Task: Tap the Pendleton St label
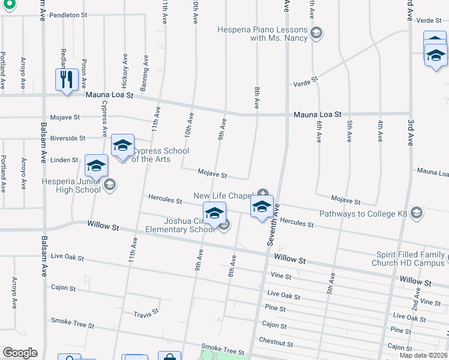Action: pyautogui.click(x=68, y=14)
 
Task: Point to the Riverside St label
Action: pyautogui.click(x=68, y=138)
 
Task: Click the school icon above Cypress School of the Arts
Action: pyautogui.click(x=122, y=146)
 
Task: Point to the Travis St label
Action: pyautogui.click(x=146, y=312)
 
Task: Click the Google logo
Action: pyautogui.click(x=20, y=352)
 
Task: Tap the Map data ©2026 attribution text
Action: pyautogui.click(x=423, y=355)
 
